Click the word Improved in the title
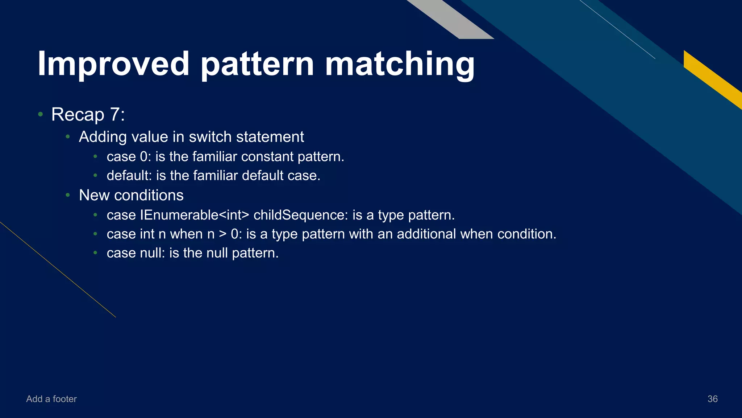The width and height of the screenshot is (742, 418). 113,64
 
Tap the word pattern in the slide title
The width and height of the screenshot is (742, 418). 257,64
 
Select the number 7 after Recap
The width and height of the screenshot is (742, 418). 115,115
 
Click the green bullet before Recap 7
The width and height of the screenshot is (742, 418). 41,115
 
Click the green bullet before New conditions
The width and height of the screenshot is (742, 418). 68,196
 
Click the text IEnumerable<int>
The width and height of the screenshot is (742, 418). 195,215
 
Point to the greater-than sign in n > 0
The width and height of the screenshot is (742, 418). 223,234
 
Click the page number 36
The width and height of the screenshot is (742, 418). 712,399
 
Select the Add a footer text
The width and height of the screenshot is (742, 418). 51,399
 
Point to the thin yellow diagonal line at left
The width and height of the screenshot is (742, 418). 58,270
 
